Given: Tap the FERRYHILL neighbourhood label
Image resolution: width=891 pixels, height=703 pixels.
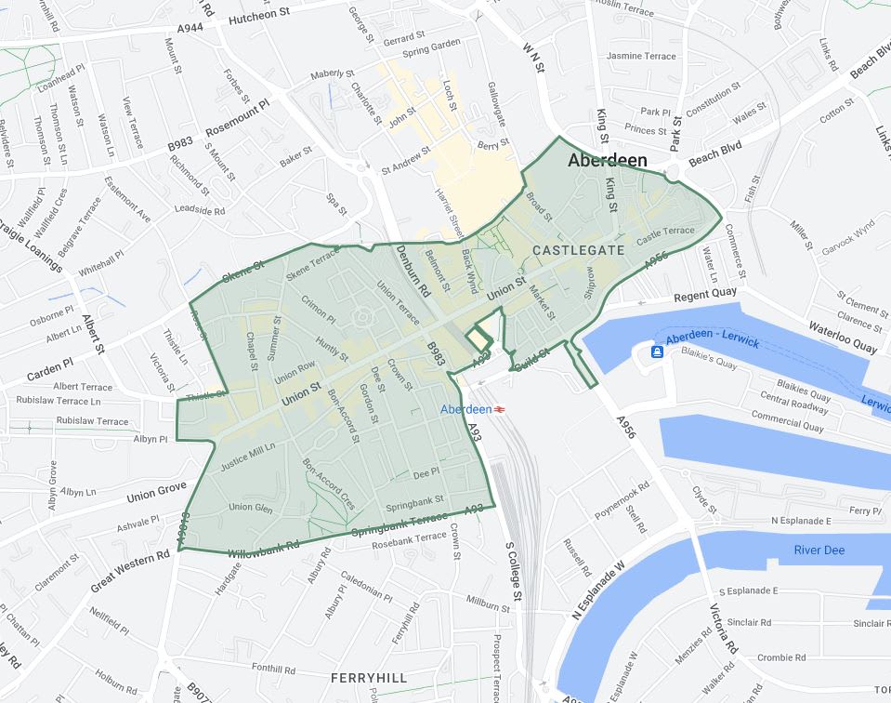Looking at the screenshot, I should (369, 678).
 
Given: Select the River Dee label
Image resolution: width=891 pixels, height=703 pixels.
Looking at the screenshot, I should (819, 550).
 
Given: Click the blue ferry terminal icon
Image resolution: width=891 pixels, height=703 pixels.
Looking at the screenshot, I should (657, 351).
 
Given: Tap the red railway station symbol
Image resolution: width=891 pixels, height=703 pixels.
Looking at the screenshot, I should (499, 409).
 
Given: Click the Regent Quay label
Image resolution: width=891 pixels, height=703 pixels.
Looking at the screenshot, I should (705, 293).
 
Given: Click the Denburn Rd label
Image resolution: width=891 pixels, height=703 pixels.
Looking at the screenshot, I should (411, 275).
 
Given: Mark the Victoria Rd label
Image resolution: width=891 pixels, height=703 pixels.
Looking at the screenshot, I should (723, 631).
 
